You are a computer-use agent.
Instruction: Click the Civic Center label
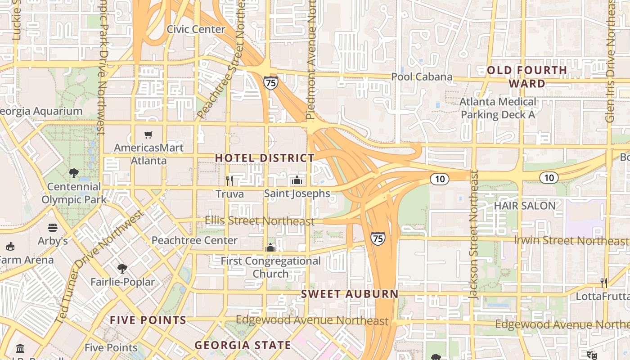tap(196, 29)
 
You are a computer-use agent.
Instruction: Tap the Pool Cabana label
tap(422, 76)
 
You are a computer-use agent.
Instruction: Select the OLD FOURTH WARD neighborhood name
tap(527, 76)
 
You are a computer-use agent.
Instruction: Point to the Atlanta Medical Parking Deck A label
tap(498, 108)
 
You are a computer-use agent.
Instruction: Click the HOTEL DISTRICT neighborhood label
tap(265, 158)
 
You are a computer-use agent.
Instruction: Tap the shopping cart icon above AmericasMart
tap(148, 135)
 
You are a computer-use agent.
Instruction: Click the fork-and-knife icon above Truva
tap(229, 181)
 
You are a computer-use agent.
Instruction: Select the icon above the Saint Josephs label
tap(297, 180)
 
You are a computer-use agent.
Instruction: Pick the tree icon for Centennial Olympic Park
tap(74, 173)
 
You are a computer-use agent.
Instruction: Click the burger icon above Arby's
tap(53, 228)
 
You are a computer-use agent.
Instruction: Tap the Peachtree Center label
tap(194, 240)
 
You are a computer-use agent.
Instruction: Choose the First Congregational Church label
tap(270, 267)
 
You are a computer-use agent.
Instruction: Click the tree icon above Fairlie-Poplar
tap(122, 269)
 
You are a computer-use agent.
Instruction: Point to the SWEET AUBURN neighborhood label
tap(350, 294)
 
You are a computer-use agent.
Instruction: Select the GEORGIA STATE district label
tap(243, 346)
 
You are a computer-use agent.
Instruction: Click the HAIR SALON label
tap(525, 206)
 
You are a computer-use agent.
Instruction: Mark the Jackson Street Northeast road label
tap(474, 234)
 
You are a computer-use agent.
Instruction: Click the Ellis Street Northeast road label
tap(259, 221)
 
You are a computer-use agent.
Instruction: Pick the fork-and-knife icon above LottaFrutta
tap(604, 283)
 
